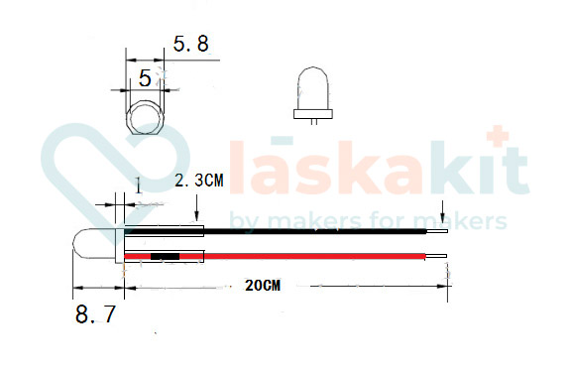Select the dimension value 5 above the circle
[145, 77]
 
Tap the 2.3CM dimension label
[198, 182]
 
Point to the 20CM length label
[263, 286]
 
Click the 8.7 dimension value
[95, 316]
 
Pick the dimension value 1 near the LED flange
[138, 185]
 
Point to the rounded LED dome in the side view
[91, 245]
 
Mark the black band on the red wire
[166, 257]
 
